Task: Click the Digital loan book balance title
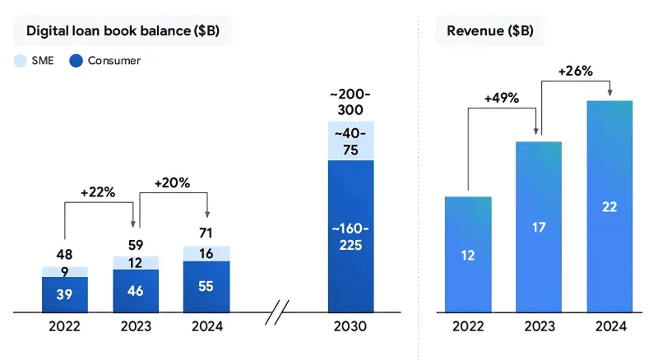click(123, 31)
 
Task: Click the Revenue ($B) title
click(489, 31)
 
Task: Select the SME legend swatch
click(21, 60)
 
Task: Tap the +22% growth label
click(98, 192)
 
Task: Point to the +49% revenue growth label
click(501, 98)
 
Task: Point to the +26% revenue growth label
click(575, 71)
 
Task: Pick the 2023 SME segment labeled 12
click(136, 263)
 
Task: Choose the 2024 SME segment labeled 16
click(206, 254)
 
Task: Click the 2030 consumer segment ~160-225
click(350, 236)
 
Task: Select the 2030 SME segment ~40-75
click(350, 141)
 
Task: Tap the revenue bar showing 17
click(538, 227)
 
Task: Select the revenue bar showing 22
click(609, 206)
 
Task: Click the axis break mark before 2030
click(279, 312)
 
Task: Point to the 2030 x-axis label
click(350, 326)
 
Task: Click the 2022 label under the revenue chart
click(468, 326)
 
